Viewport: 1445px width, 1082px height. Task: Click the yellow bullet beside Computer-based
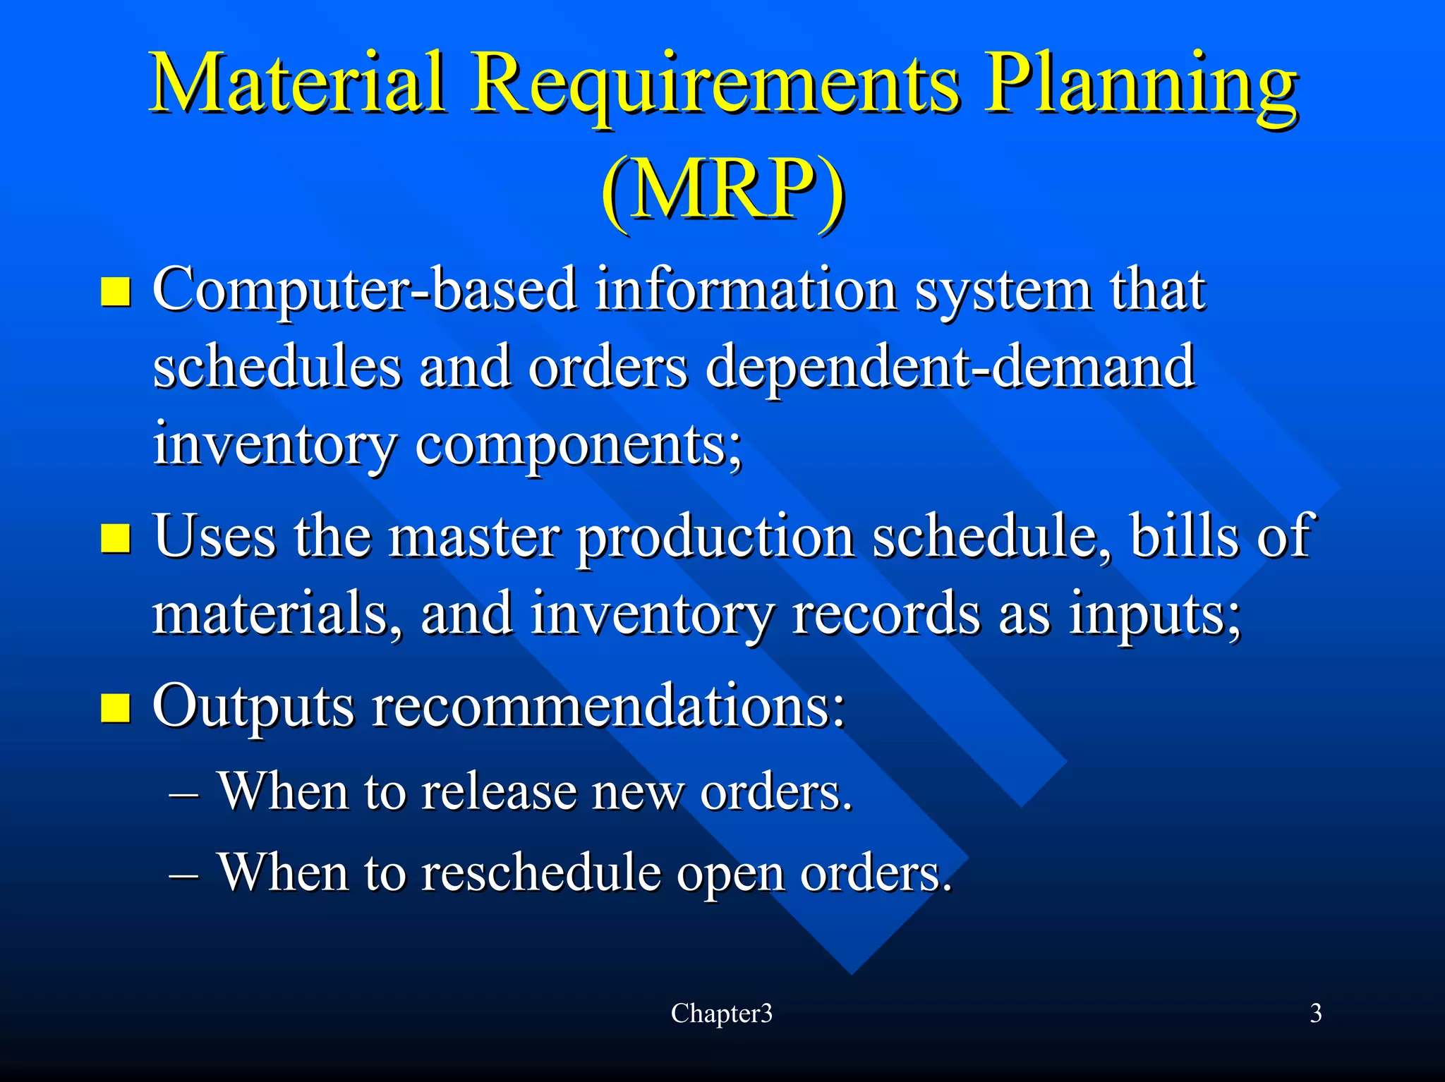[x=116, y=291]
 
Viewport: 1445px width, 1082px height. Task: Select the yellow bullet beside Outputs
[x=116, y=707]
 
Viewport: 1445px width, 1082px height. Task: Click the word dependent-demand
[x=949, y=368]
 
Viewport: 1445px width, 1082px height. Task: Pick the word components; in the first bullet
[x=579, y=446]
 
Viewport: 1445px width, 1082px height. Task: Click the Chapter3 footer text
[x=721, y=1014]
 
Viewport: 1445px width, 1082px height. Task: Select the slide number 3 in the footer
[x=1315, y=1014]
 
